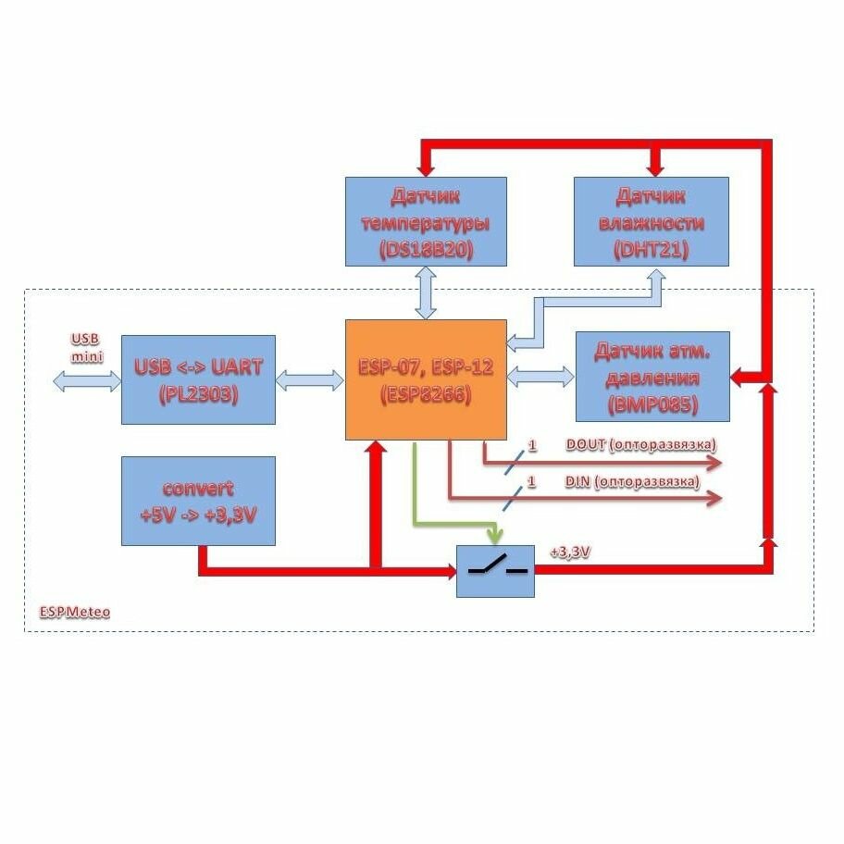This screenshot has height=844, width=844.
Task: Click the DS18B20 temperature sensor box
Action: pyautogui.click(x=426, y=222)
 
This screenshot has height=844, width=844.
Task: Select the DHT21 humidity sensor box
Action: pyautogui.click(x=652, y=222)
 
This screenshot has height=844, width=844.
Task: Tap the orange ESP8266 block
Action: pyautogui.click(x=426, y=379)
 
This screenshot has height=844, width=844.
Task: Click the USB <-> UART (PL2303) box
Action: pyautogui.click(x=198, y=379)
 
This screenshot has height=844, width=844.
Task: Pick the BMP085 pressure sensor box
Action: pyautogui.click(x=652, y=376)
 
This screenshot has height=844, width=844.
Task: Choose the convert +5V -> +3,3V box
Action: pyautogui.click(x=198, y=501)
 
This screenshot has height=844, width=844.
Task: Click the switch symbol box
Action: pyautogui.click(x=496, y=571)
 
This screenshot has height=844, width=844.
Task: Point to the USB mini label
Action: pyautogui.click(x=86, y=347)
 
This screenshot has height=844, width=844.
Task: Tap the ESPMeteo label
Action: pyautogui.click(x=75, y=613)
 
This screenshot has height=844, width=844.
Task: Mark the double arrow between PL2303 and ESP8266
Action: pyautogui.click(x=310, y=379)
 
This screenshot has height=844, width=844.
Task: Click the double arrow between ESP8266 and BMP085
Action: pyautogui.click(x=540, y=375)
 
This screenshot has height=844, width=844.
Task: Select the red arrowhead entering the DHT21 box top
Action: pyautogui.click(x=656, y=168)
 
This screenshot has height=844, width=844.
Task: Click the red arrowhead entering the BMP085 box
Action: pyautogui.click(x=738, y=378)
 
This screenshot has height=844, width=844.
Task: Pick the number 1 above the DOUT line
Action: pyautogui.click(x=531, y=446)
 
